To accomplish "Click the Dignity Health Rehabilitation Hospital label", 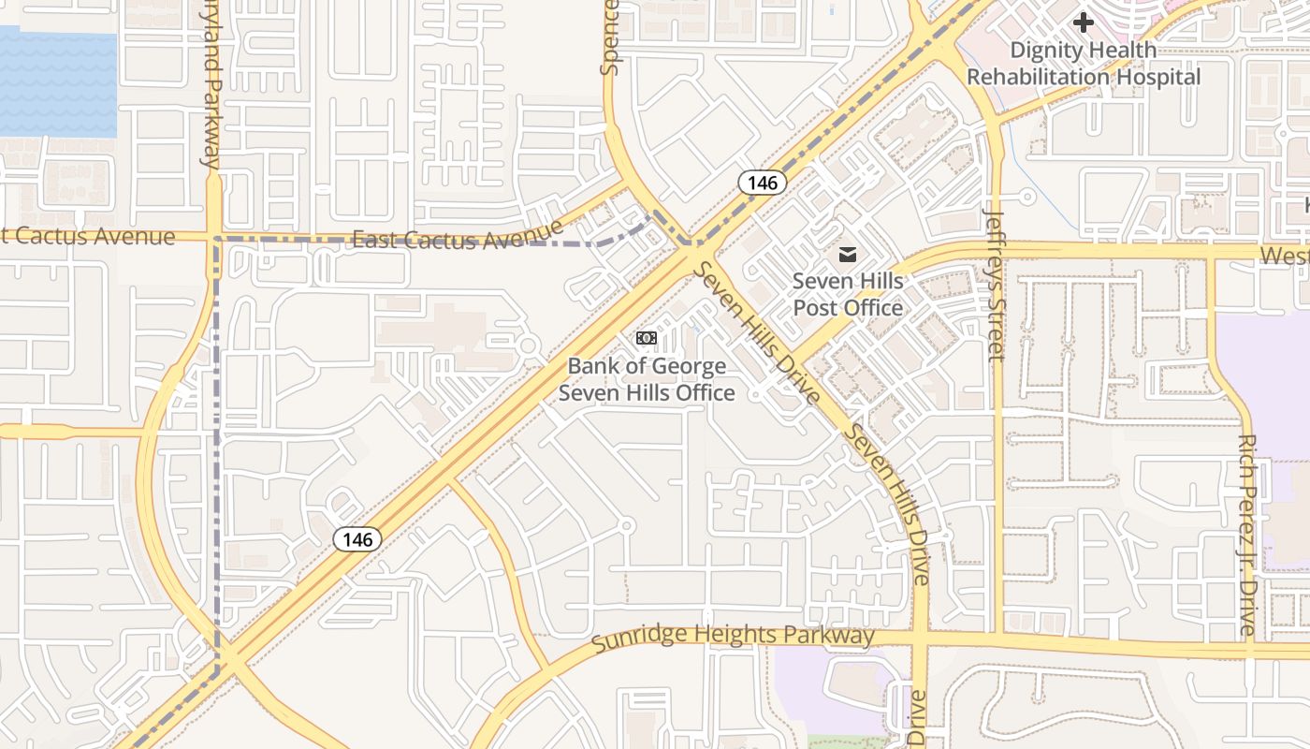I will pos(1083,64).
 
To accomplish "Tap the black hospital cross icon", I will pos(1084,22).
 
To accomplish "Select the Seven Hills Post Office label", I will pos(848,294).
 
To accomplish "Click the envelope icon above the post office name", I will pos(848,255).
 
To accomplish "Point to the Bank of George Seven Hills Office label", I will pos(647,379).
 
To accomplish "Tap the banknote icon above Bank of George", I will pos(647,338).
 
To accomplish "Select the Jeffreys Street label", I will pos(995,285).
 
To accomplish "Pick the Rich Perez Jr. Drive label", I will pos(1246,535).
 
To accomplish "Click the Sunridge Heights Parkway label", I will pos(734,637).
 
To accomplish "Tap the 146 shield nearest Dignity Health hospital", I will pos(763,183).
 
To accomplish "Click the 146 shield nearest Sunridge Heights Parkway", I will pos(357,539).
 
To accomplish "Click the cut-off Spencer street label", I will pos(611,37).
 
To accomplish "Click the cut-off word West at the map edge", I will pos(1284,256).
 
